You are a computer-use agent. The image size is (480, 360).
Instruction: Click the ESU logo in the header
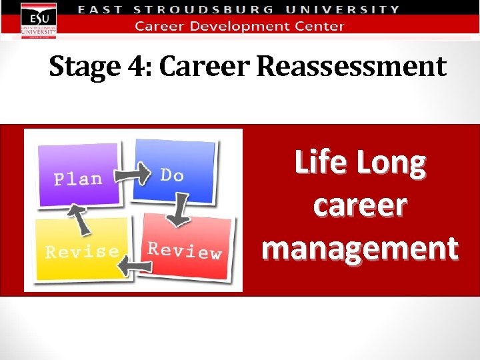coord(38,20)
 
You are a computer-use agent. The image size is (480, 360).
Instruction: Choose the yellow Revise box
coord(79,249)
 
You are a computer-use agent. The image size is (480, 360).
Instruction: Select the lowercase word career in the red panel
coord(359,205)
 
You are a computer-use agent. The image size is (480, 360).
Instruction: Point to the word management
coord(359,247)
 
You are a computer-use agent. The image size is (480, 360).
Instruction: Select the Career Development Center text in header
coord(239,27)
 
